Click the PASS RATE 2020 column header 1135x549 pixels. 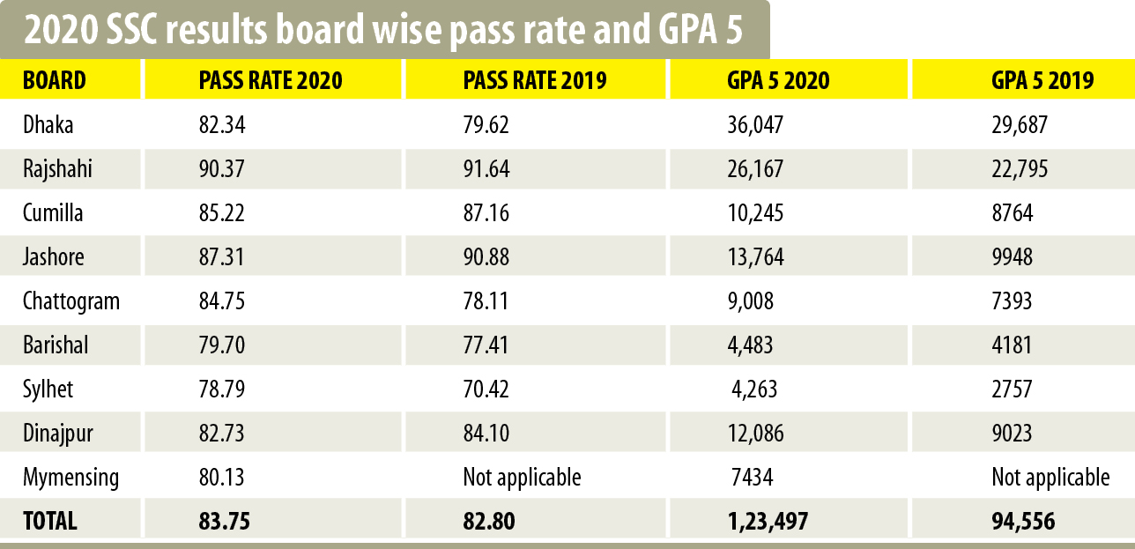(x=271, y=81)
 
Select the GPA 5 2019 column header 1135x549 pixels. (x=1042, y=81)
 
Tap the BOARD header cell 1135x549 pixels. (x=55, y=81)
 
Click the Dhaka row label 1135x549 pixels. (x=48, y=125)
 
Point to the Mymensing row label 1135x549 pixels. (x=70, y=478)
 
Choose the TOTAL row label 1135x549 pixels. (x=50, y=521)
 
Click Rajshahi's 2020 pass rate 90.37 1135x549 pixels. (x=221, y=168)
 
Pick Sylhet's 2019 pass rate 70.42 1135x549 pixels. (x=486, y=389)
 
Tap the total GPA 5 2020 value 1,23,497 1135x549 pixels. (x=768, y=521)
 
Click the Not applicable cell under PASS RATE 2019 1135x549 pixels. (x=522, y=478)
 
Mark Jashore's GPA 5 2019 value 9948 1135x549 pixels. (x=1012, y=257)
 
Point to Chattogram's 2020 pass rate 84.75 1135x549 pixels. (x=221, y=301)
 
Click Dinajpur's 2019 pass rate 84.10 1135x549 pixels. (x=486, y=434)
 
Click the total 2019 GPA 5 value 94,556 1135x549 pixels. (x=1023, y=521)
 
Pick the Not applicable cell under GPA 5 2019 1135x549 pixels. (x=1050, y=478)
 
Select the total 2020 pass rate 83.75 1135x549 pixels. (x=225, y=521)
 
